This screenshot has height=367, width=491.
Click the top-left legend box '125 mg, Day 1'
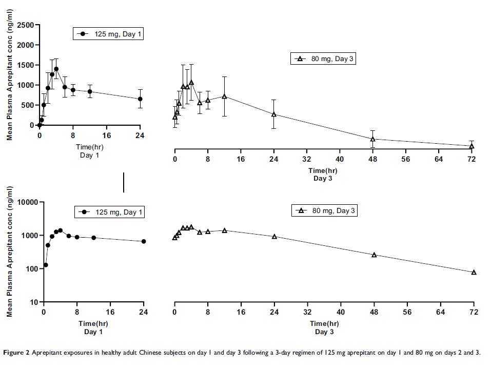pos(107,34)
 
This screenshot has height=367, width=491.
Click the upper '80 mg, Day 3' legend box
pos(323,59)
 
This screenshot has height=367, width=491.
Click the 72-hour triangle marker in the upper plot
pos(472,146)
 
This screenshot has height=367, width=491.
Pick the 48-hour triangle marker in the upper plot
pos(373,139)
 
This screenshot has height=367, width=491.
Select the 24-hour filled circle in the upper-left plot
pos(140,99)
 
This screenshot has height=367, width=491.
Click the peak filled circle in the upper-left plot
pos(56,69)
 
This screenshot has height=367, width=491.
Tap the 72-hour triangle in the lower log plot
pos(474,272)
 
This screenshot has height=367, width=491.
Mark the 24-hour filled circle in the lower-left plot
pos(144,241)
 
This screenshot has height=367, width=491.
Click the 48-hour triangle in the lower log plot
pos(374,255)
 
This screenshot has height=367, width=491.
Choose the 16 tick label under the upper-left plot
pos(106,136)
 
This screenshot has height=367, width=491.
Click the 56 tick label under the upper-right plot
pos(406,159)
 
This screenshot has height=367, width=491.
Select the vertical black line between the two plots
pos(124,182)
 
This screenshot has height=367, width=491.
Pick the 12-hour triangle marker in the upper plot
pos(224,96)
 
